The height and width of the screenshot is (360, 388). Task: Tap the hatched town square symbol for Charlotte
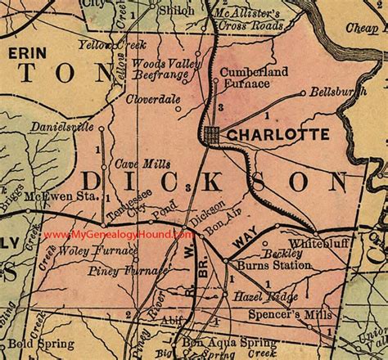(212, 133)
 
